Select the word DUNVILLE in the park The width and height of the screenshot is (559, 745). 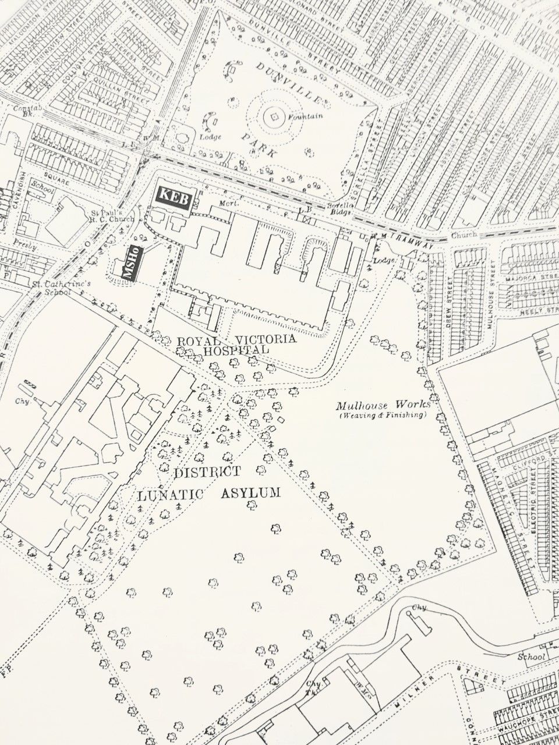288,86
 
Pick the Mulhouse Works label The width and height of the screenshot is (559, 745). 383,405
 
